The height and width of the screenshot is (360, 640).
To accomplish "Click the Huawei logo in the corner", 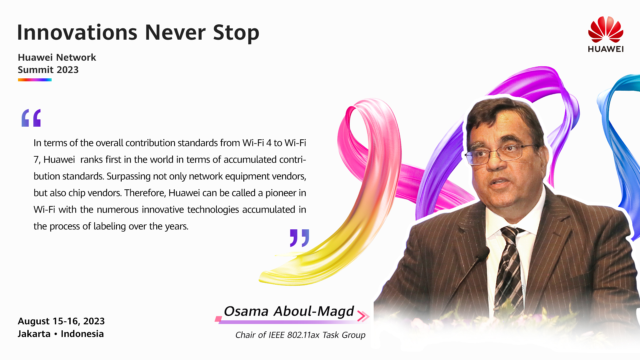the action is pos(606,34).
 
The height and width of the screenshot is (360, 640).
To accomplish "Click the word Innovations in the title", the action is pos(77,33).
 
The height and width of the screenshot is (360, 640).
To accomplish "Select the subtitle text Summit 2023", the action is pos(48,70).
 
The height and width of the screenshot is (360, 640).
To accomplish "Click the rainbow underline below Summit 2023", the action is pos(35,80).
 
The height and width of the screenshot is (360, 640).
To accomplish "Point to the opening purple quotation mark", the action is pos(31,118).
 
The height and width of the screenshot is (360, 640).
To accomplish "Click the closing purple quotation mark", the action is pos(299,238).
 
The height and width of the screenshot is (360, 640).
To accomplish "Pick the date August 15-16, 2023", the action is pos(61,321).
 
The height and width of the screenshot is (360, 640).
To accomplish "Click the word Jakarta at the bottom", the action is pos(34,334).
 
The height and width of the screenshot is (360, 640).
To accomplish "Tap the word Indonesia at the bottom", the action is pos(82,334).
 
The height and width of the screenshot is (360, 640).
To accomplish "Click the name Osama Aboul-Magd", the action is pos(289,311).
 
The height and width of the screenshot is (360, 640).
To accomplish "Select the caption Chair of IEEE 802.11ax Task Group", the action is pos(300,335).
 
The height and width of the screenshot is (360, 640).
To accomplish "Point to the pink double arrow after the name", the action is pos(363,316).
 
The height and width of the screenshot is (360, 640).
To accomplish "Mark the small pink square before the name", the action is pos(218,319).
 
